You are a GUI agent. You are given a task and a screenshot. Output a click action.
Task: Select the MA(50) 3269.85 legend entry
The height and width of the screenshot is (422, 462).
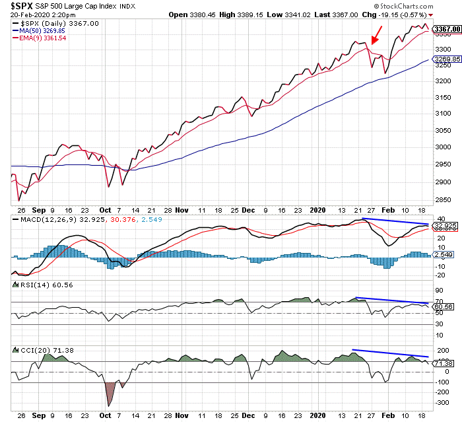40,30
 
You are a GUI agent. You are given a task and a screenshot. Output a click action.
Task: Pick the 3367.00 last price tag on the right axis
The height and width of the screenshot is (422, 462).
447,30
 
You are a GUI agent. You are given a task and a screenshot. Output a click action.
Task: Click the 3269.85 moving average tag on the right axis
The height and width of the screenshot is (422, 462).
446,59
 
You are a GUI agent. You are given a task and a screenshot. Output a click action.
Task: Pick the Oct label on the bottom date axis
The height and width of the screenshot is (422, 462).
106,416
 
